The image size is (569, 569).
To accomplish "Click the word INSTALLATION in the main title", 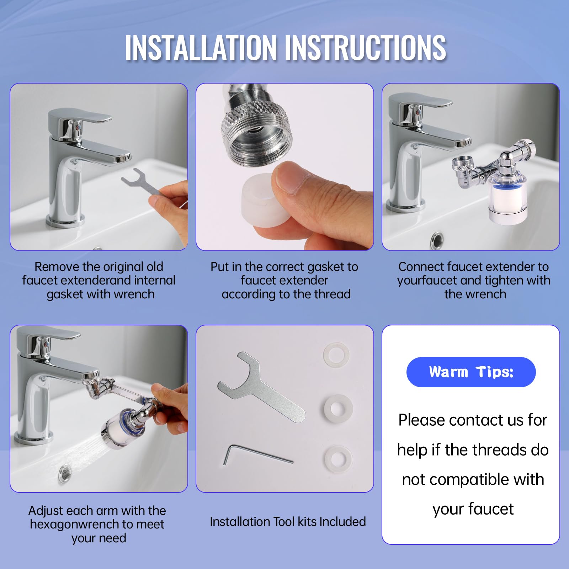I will (200, 48).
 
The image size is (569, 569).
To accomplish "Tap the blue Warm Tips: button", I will (471, 372).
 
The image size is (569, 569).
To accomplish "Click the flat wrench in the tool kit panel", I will (261, 387).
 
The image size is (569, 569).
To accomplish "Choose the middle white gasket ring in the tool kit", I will (338, 407).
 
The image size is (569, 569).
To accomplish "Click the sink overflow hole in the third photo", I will (437, 240).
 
